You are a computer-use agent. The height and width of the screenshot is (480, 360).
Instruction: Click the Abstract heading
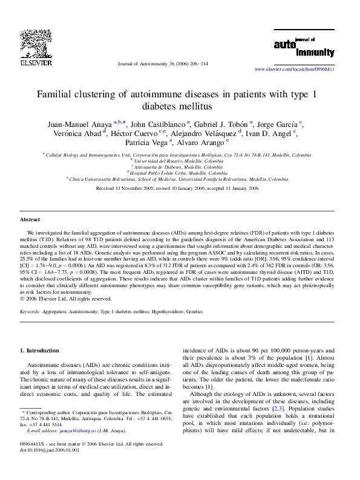pyautogui.click(x=30, y=219)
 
